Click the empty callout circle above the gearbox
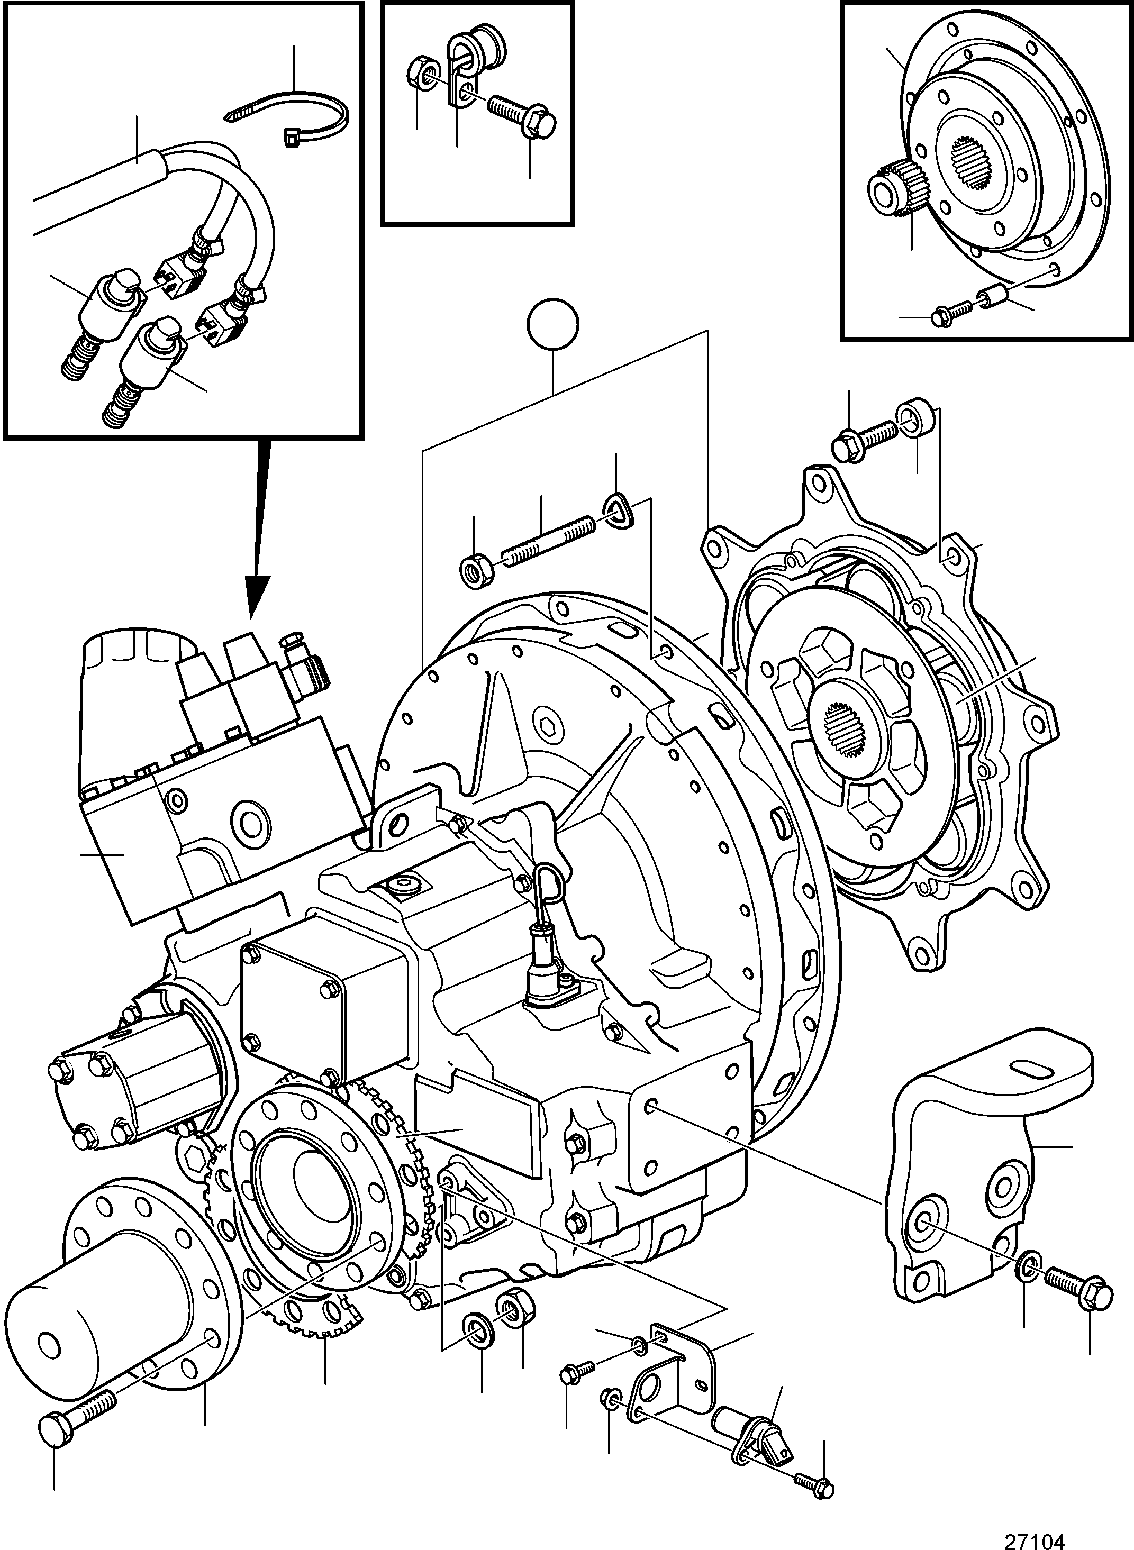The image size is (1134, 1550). point(554,324)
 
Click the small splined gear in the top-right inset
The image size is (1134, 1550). point(899,187)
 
